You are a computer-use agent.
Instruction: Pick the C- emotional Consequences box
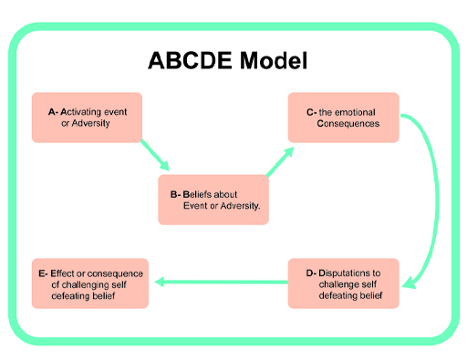coord(344,117)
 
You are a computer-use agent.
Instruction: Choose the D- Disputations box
coord(344,283)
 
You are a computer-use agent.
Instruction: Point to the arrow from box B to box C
coord(277,161)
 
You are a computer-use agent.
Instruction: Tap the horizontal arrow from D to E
coord(219,283)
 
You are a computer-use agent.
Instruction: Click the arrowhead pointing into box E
coord(158,283)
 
